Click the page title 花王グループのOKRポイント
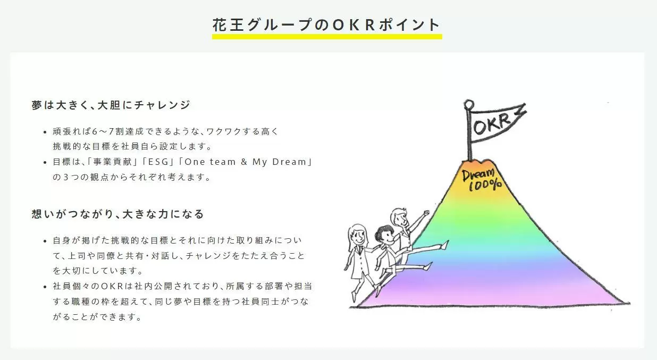pyautogui.click(x=326, y=24)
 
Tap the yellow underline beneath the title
pyautogui.click(x=327, y=37)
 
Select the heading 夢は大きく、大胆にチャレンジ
pyautogui.click(x=111, y=105)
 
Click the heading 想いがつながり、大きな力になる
pyautogui.click(x=117, y=214)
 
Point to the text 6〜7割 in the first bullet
pyautogui.click(x=108, y=131)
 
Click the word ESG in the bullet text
pyautogui.click(x=158, y=162)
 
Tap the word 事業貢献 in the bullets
pyautogui.click(x=113, y=162)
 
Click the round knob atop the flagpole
pyautogui.click(x=469, y=104)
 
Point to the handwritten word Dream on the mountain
pyautogui.click(x=478, y=175)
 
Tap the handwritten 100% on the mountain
pyautogui.click(x=485, y=185)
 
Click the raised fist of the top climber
pyautogui.click(x=426, y=213)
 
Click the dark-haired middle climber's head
pyautogui.click(x=385, y=234)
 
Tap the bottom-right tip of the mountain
pyautogui.click(x=629, y=304)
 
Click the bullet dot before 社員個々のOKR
pyautogui.click(x=45, y=287)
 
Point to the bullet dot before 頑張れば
pyautogui.click(x=45, y=132)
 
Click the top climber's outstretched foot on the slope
pyautogui.click(x=445, y=245)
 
